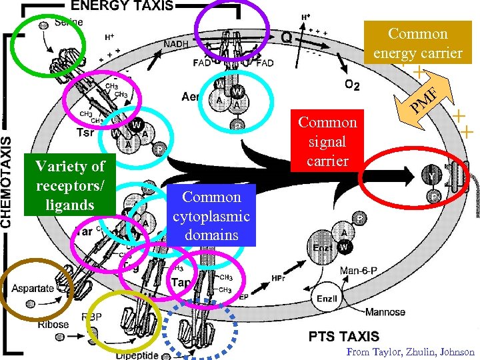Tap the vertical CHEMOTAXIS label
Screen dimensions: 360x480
[7, 173]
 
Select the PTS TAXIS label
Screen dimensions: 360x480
[344, 337]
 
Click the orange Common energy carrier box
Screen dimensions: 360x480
[417, 43]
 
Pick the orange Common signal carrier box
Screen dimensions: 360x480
[327, 142]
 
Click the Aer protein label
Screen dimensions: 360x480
[191, 97]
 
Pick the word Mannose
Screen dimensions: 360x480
[385, 312]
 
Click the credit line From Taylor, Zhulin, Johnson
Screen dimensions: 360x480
[411, 352]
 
